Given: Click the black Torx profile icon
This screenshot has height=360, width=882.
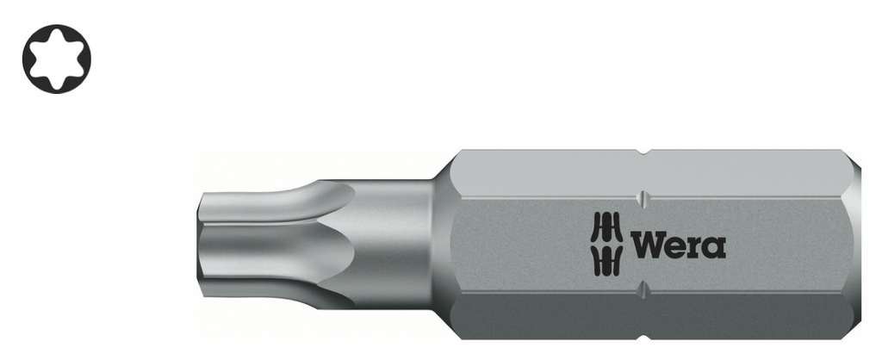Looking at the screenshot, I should click(56, 59).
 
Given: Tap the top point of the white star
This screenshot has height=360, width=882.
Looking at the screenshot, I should click(56, 34).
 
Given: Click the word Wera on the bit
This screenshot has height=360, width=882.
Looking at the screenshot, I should click(678, 245).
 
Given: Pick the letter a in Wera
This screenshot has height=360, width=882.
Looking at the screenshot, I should click(714, 247).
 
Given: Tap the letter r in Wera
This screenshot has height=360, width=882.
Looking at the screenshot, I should click(695, 247).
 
